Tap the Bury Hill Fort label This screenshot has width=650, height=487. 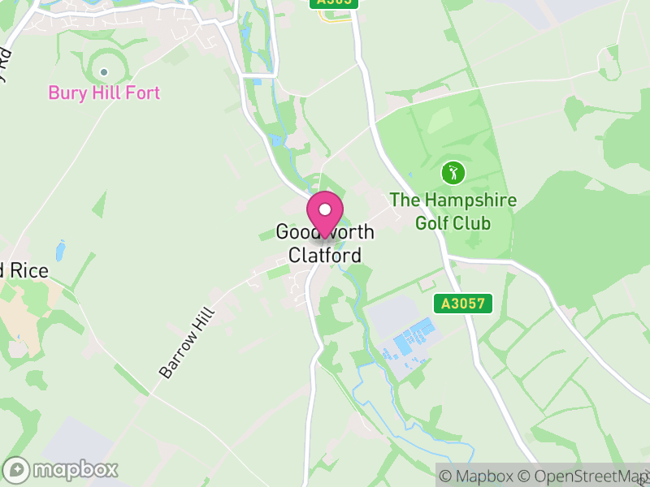coord(104,93)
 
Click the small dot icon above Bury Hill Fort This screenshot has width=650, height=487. coord(104,71)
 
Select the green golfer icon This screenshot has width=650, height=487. coord(453,172)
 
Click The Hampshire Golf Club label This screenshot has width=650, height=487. coord(453,210)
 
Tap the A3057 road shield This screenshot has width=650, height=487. coord(464,304)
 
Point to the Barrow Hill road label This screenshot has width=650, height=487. coord(187,342)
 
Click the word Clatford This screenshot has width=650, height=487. coord(325,255)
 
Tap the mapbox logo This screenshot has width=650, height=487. coord(62,469)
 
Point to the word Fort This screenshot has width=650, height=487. coord(143,93)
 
